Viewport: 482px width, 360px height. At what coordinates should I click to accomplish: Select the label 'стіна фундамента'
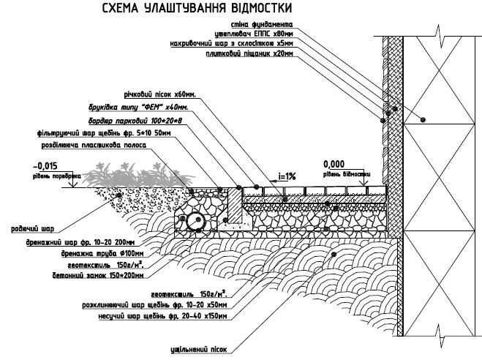coord(274,24)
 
